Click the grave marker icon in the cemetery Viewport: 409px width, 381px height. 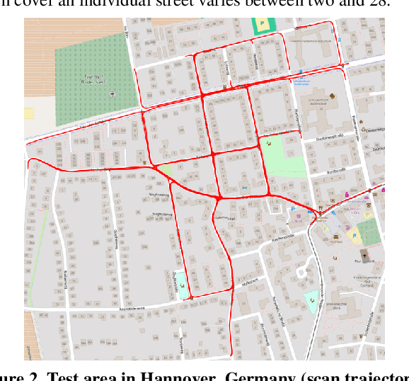coord(110,93)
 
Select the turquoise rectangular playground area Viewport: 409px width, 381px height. coord(183,285)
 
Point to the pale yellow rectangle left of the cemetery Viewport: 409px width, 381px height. coord(29,113)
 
